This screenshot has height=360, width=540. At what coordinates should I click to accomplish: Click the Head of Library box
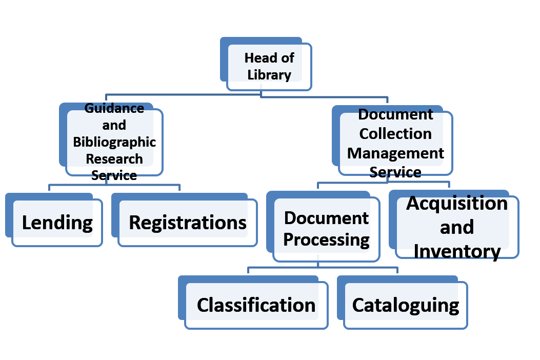point(269,67)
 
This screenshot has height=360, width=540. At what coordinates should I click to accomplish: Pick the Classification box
point(256,305)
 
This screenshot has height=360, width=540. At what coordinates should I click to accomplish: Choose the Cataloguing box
point(405,305)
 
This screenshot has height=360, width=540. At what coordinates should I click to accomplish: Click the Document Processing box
point(326,229)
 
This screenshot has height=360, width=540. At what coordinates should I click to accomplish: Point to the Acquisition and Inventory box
point(456,227)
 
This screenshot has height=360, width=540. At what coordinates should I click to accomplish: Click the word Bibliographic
point(114,142)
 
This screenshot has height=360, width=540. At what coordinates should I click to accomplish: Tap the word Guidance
point(114,108)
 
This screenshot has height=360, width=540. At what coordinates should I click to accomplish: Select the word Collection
point(395,134)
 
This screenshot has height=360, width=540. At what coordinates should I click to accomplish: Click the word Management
point(395,153)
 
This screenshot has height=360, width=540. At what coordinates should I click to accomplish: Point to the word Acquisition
point(457,204)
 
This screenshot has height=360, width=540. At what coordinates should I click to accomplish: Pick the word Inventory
point(457,251)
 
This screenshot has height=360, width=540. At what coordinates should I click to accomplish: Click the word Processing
point(326,239)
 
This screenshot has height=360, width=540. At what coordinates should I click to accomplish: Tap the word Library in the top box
point(269,75)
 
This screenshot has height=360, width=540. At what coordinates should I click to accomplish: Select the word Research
point(114,158)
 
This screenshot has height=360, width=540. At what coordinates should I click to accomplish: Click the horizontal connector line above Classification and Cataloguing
point(323,267)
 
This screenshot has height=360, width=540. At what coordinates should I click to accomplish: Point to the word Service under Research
point(114,175)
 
